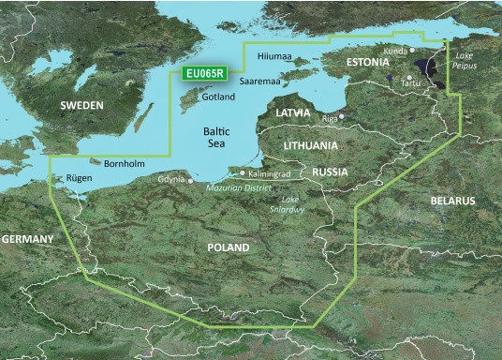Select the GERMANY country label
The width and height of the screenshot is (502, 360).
27,240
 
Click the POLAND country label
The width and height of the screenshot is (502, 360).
229,247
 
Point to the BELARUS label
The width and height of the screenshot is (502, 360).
452,202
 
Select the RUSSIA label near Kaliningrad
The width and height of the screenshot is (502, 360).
329,172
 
